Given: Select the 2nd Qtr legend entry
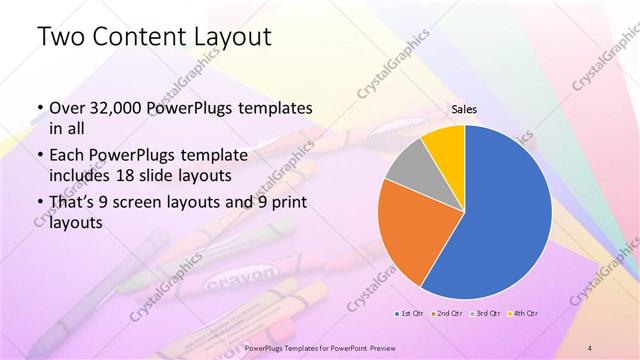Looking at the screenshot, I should [x=447, y=315].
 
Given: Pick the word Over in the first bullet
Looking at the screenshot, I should [x=67, y=107].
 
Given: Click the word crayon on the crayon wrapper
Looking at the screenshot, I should [x=241, y=275].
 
